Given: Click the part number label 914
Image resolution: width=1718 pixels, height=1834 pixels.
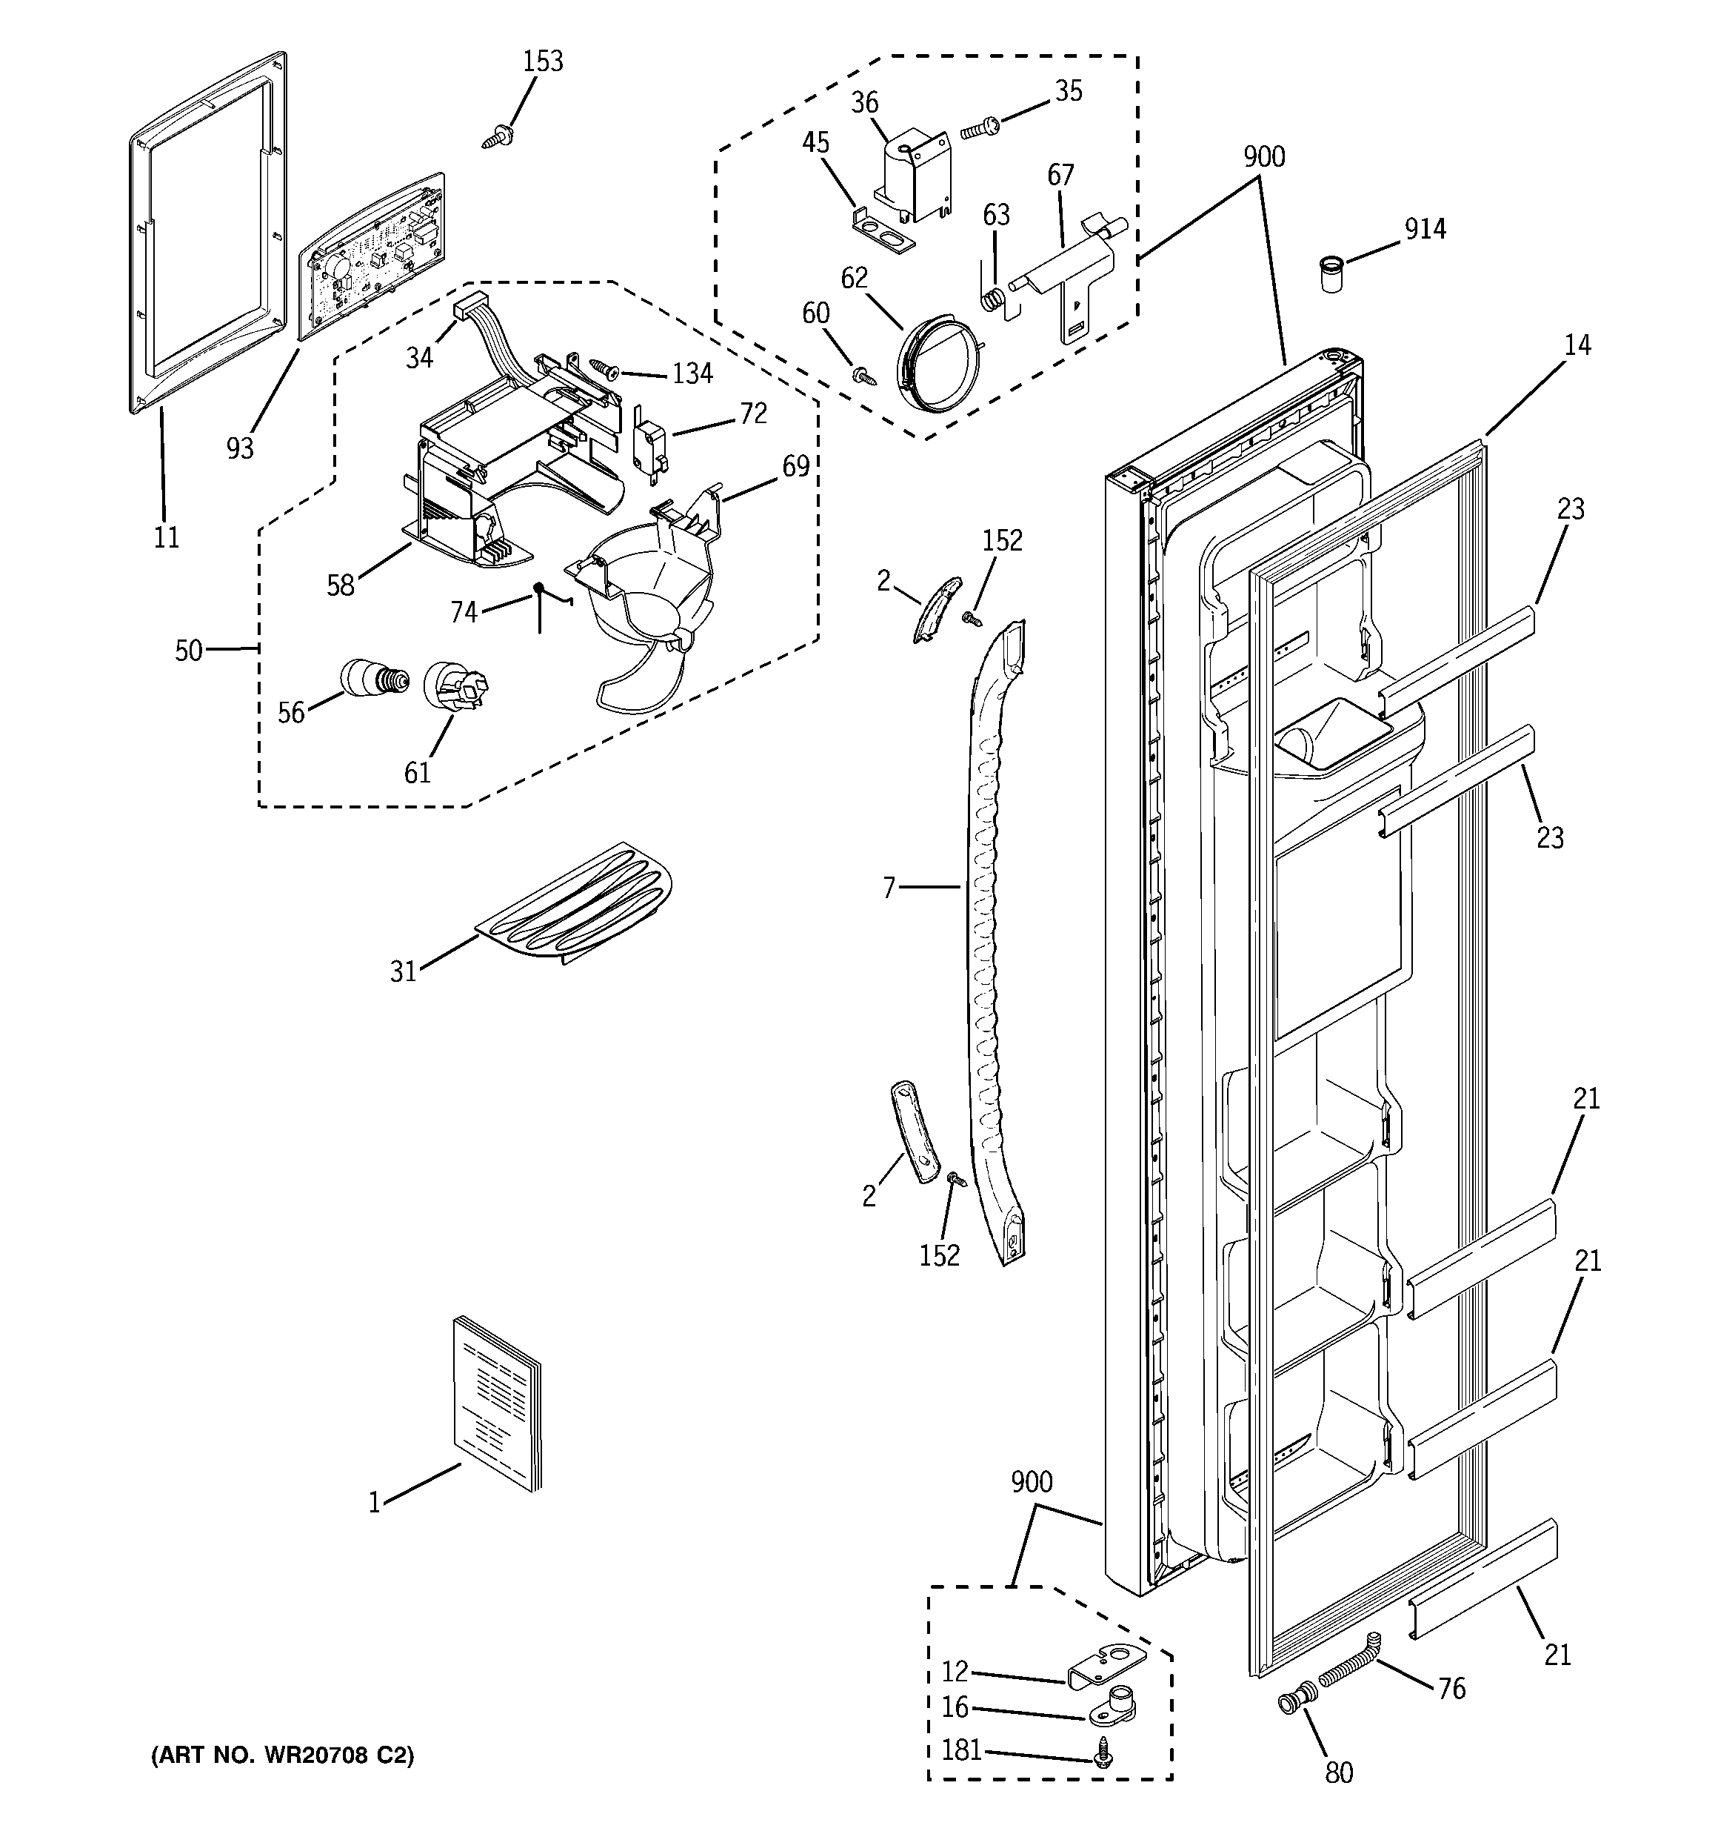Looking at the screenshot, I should click(x=1425, y=229).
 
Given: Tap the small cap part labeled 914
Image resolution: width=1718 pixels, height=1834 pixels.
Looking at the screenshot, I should click(x=1328, y=275).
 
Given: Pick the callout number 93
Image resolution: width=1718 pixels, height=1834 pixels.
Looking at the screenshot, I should click(x=240, y=448).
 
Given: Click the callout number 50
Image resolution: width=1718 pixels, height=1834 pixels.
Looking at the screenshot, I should click(x=189, y=651).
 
